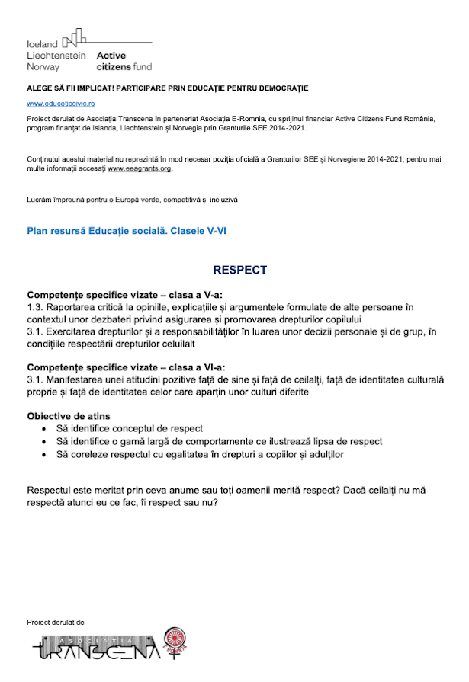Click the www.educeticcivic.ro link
(60, 103)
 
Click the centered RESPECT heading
(240, 270)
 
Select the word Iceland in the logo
(42, 43)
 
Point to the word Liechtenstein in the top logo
(56, 56)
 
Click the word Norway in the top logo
(43, 67)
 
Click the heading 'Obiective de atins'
(69, 416)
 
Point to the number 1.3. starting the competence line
(36, 307)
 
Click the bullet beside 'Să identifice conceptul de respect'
(51, 429)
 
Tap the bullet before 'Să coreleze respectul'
(51, 455)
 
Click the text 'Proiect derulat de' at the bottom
(55, 622)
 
